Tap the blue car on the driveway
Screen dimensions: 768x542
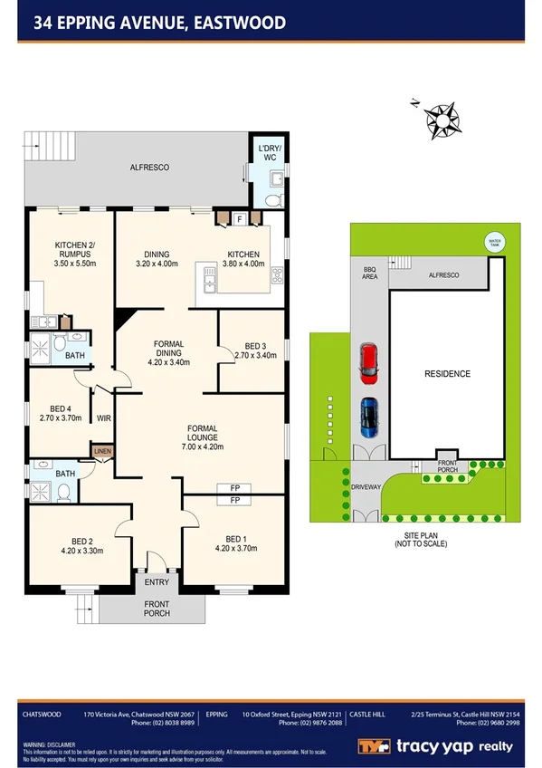click(369, 416)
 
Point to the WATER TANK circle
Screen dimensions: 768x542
click(494, 242)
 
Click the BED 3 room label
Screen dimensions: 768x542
click(255, 346)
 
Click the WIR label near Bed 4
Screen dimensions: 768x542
click(104, 418)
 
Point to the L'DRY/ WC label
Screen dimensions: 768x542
click(271, 152)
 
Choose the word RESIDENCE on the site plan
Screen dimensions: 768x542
click(448, 374)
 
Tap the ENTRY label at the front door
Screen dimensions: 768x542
click(157, 582)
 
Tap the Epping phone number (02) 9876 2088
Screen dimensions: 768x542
click(311, 723)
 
